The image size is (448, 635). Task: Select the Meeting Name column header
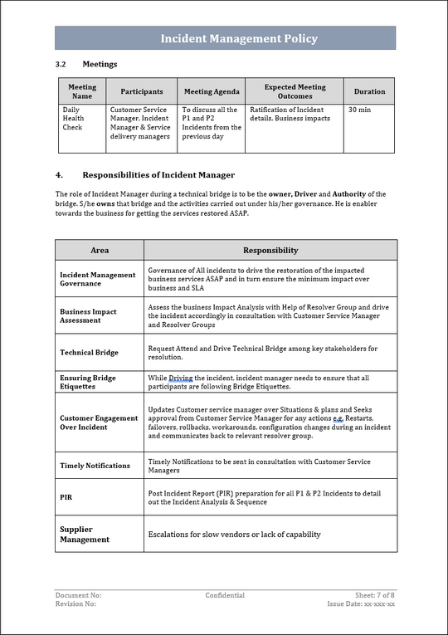(x=81, y=91)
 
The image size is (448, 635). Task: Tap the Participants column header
(x=142, y=91)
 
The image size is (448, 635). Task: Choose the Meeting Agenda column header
(x=212, y=91)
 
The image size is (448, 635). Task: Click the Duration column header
(x=369, y=91)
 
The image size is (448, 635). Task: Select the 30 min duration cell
(x=359, y=110)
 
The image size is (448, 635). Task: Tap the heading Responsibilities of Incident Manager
(x=158, y=175)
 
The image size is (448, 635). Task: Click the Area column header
(x=100, y=250)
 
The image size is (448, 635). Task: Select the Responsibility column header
(x=270, y=250)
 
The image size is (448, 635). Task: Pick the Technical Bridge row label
(x=89, y=353)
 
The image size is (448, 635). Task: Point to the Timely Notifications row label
(x=95, y=466)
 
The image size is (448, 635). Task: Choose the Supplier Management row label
(x=85, y=534)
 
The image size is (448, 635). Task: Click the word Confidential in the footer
(x=225, y=595)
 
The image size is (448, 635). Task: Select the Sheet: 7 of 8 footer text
(x=375, y=595)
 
